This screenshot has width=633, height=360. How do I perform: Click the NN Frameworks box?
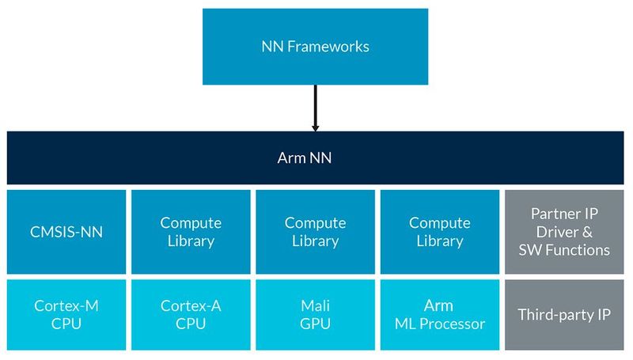[x=315, y=46]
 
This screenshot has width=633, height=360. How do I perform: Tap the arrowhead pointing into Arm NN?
[x=315, y=127]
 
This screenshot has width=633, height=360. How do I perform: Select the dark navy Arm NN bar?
[x=315, y=157]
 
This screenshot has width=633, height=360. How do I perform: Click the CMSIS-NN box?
[x=66, y=232]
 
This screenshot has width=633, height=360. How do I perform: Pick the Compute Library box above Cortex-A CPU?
[x=191, y=232]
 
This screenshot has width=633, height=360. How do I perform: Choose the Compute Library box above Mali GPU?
[x=315, y=232]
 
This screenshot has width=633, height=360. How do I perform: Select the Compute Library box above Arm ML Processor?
[x=439, y=232]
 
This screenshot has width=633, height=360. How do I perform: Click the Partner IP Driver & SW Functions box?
[x=563, y=232]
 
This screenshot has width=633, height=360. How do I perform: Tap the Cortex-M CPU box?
[x=66, y=314]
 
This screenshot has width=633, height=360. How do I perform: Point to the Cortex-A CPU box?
[x=191, y=314]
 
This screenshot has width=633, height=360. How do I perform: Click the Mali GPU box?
[x=315, y=314]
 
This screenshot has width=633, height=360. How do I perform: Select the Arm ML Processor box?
[x=439, y=314]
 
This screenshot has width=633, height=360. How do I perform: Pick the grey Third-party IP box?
[x=563, y=314]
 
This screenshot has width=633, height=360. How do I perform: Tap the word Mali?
[x=315, y=305]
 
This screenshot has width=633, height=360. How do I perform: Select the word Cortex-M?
[x=66, y=305]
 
